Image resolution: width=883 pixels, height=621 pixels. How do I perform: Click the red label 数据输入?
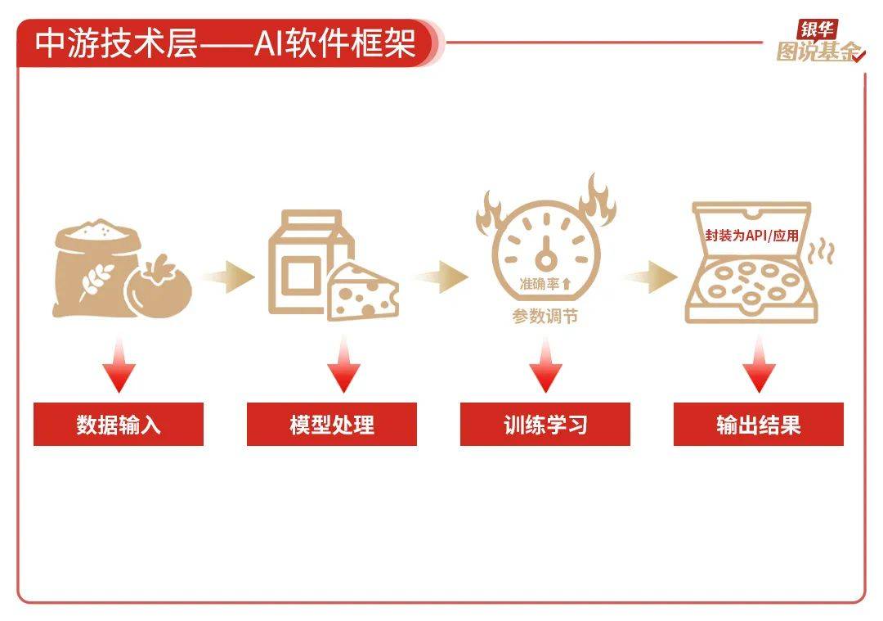point(119,425)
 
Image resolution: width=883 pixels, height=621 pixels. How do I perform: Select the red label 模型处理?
point(332,425)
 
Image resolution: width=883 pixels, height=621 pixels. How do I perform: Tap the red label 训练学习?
point(545,425)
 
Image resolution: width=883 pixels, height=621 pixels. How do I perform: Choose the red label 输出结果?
point(759,425)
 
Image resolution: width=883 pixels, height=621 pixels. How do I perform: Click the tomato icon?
point(159,287)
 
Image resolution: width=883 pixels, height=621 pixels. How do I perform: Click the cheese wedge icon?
point(363,293)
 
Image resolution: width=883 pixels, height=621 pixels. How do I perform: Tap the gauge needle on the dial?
point(545,254)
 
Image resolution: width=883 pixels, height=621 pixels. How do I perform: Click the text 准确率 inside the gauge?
point(540,284)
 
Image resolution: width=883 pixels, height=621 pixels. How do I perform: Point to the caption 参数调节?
point(545,317)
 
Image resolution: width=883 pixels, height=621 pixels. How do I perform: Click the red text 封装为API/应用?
point(752,235)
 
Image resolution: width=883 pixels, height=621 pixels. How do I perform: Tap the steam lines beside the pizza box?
point(821,252)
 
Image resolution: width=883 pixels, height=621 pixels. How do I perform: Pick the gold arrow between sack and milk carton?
point(228,277)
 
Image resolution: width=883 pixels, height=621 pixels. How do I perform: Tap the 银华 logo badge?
point(817,29)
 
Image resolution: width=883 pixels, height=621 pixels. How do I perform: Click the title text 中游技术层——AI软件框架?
point(226,43)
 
